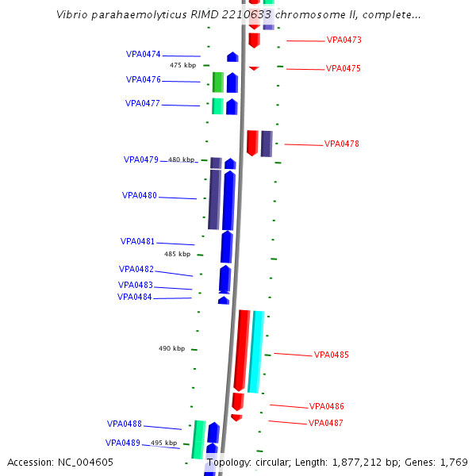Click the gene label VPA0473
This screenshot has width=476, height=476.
click(x=344, y=40)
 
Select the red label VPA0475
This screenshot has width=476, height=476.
click(x=343, y=69)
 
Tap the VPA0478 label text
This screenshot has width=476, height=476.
click(x=342, y=144)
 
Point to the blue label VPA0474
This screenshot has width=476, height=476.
click(x=143, y=55)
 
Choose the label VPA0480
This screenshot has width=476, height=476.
click(x=139, y=196)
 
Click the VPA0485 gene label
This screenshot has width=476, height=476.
click(x=331, y=355)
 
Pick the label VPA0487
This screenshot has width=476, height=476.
click(x=325, y=424)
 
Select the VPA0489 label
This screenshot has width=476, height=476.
click(x=122, y=443)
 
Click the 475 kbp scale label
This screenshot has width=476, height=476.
click(x=182, y=65)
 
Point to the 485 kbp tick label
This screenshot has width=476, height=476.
click(x=177, y=255)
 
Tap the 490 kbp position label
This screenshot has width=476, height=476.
click(x=171, y=348)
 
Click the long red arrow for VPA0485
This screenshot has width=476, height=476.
click(x=242, y=349)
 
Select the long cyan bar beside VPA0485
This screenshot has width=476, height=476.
click(x=256, y=351)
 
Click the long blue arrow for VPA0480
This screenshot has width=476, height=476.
click(x=228, y=200)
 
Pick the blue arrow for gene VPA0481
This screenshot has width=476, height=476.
click(x=226, y=247)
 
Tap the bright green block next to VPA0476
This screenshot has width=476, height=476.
click(x=217, y=82)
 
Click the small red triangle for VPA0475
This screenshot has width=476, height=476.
click(x=254, y=69)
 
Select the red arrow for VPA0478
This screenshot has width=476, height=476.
click(x=252, y=143)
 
